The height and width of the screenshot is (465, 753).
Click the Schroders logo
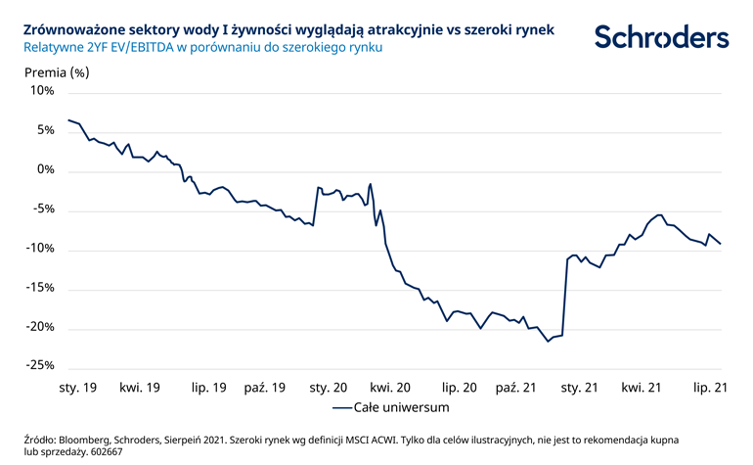(x=661, y=37)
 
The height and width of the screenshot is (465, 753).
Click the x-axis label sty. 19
(x=77, y=388)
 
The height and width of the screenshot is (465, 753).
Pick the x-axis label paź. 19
(x=265, y=388)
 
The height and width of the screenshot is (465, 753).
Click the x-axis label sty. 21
(x=580, y=388)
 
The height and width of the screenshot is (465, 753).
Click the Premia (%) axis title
(x=56, y=71)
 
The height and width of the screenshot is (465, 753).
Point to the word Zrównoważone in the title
(x=71, y=30)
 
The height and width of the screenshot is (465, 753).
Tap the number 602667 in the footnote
(x=107, y=451)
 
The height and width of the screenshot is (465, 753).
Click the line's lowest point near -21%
(x=548, y=341)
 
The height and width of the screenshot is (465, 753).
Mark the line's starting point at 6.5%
(x=67, y=119)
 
